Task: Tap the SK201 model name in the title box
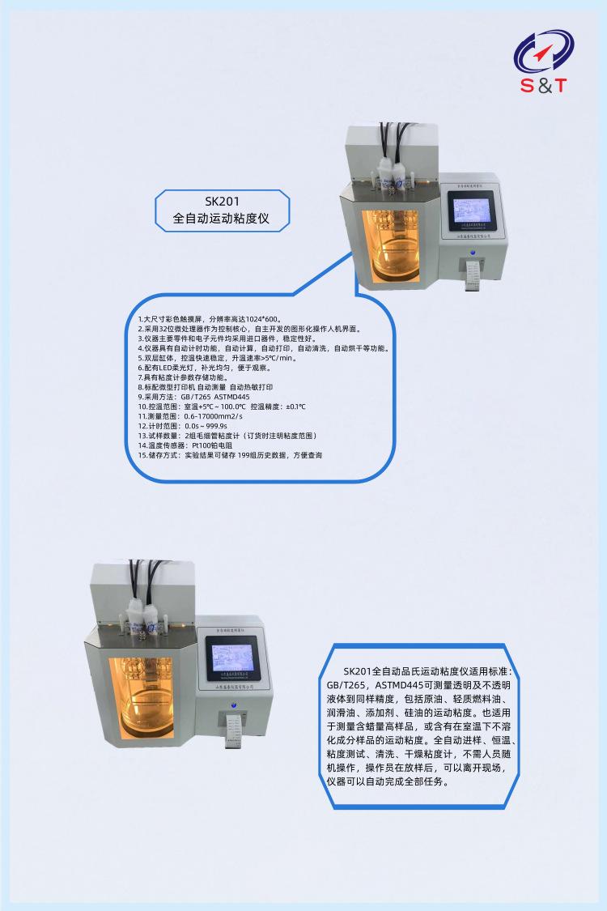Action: point(222,202)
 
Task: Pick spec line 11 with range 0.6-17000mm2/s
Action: point(190,416)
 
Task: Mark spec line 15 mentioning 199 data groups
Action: point(230,455)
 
